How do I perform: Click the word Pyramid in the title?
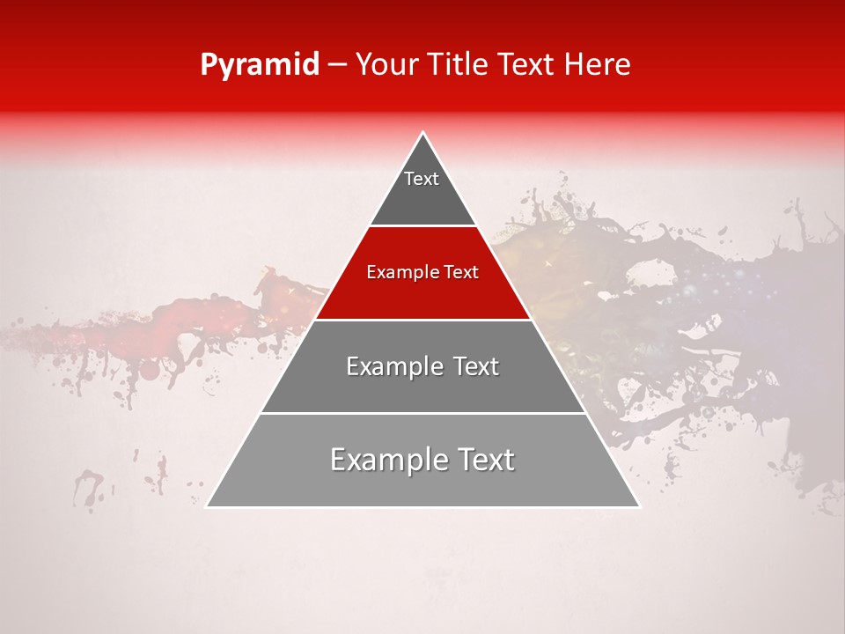coord(259,65)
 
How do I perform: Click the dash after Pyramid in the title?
coord(337,66)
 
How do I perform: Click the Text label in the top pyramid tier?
coord(422,179)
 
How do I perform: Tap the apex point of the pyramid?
coord(423,133)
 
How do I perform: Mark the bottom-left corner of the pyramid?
coord(207,506)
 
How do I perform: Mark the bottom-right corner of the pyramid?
coord(639,506)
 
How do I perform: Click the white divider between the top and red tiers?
coord(423,226)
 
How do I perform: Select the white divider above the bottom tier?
coord(423,413)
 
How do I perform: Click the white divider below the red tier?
coord(423,320)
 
